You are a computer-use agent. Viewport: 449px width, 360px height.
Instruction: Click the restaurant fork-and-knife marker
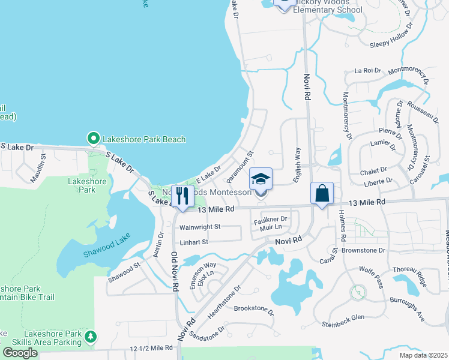[181, 195]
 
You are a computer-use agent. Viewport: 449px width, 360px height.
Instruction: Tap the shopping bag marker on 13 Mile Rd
[322, 193]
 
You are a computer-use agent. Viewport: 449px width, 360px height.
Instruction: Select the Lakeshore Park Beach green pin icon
[93, 139]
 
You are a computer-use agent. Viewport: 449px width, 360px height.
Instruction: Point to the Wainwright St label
[200, 227]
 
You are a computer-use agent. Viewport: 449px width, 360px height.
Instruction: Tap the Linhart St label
[193, 242]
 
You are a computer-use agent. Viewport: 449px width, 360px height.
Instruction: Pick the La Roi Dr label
[368, 70]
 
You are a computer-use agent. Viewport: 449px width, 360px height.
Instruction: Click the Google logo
[20, 352]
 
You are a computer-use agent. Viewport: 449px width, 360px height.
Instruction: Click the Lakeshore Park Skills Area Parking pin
[90, 336]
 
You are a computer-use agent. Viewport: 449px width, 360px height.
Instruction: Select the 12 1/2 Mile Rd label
[151, 348]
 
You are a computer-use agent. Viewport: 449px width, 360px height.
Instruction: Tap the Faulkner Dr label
[271, 220]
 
